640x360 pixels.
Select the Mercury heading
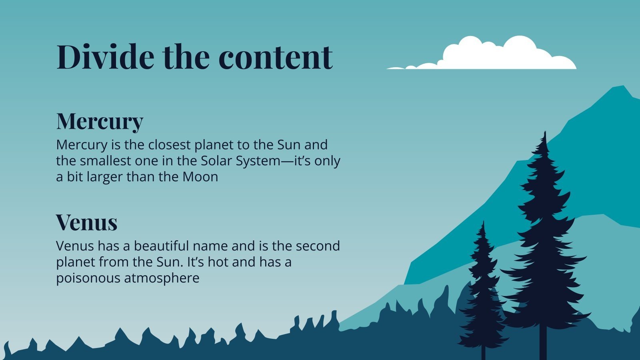(x=100, y=121)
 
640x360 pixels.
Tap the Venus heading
(x=86, y=222)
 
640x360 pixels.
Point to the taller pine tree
(x=544, y=240)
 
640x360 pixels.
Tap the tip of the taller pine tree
(x=544, y=132)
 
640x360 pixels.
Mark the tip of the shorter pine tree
(x=483, y=222)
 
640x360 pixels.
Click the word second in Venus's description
(x=318, y=246)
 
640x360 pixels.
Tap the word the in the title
(x=186, y=57)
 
